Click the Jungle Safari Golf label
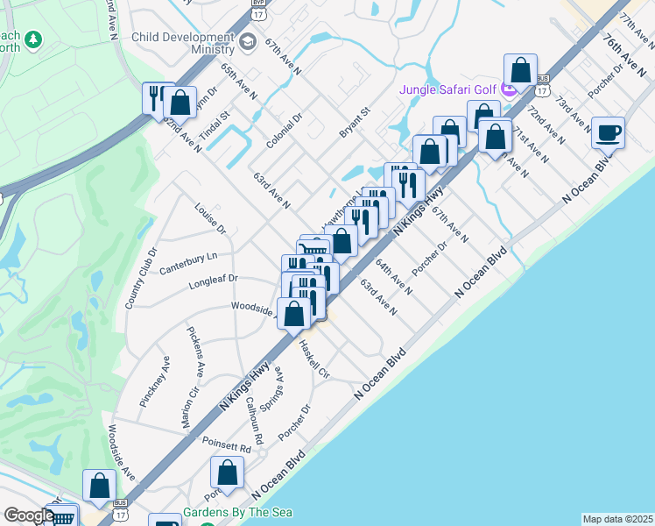click(x=448, y=89)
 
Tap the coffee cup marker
click(x=608, y=133)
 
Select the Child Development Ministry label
click(x=184, y=45)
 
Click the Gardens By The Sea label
click(x=237, y=512)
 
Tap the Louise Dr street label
click(x=210, y=219)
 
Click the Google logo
click(x=28, y=515)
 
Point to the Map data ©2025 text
click(x=616, y=519)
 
